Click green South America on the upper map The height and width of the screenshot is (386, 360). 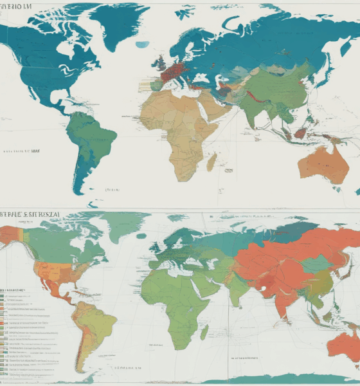point(90,145)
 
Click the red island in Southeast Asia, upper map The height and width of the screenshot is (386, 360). point(300,133)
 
